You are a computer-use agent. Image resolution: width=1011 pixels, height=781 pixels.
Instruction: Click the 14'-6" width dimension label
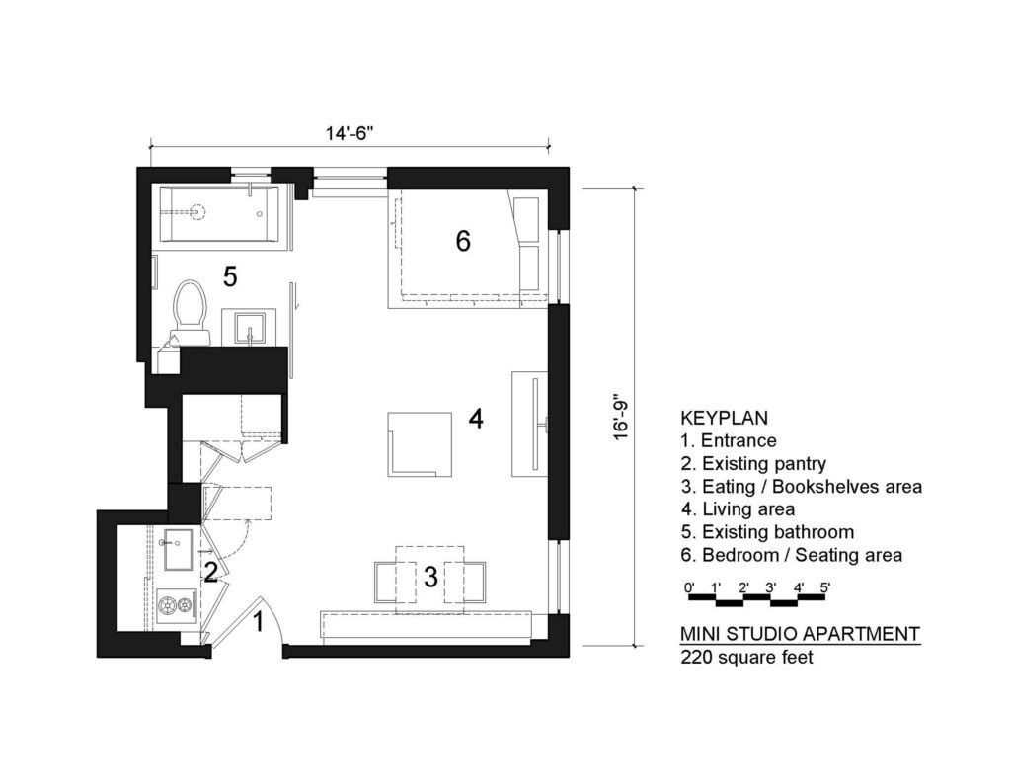click(x=349, y=130)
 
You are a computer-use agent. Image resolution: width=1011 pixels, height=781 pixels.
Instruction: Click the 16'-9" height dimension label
click(x=620, y=418)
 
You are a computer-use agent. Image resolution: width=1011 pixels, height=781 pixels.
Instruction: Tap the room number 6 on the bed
click(x=463, y=240)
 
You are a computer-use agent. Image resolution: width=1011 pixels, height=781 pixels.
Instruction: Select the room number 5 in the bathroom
click(x=230, y=277)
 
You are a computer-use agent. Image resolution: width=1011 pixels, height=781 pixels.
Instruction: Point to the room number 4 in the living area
click(x=476, y=420)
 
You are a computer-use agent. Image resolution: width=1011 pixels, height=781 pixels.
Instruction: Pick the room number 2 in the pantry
click(x=210, y=571)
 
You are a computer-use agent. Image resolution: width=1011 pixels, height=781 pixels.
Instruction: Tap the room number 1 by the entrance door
click(x=259, y=622)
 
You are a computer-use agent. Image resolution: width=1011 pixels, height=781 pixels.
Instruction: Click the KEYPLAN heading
click(x=724, y=418)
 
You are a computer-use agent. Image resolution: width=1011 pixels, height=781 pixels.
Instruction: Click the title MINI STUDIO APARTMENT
click(x=800, y=633)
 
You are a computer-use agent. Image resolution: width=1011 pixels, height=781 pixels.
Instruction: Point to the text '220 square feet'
click(x=746, y=657)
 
